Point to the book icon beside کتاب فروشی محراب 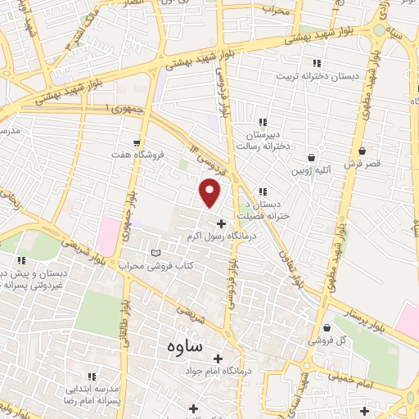(156, 254)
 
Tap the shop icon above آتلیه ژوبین (311, 158)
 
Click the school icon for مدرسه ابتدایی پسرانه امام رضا (92, 376)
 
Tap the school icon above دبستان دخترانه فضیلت (263, 191)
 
